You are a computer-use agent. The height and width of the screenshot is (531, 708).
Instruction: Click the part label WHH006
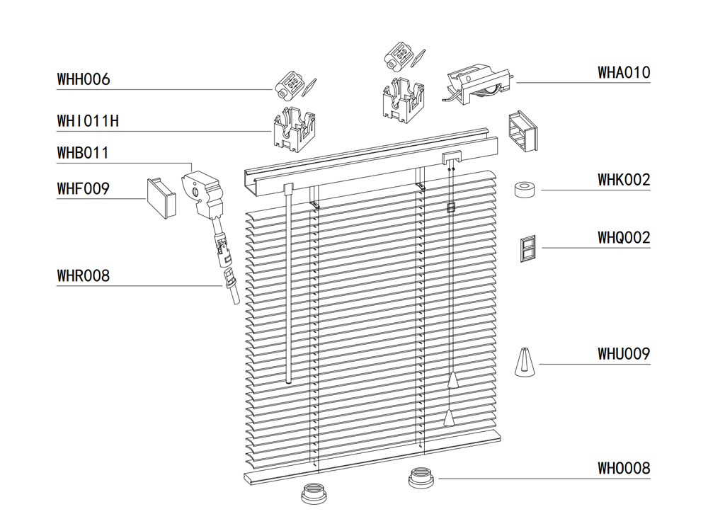pos(84,79)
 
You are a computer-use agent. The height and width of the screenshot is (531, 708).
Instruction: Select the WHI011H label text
pos(88,121)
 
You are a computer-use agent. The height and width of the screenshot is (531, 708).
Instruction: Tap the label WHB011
pos(84,152)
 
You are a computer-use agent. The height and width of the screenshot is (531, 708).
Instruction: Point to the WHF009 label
pos(84,189)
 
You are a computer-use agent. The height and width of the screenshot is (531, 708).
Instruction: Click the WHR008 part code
pos(84,275)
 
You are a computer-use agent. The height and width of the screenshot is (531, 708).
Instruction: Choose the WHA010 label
pos(623,72)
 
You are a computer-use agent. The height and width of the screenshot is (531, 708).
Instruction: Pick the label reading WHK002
pos(623,180)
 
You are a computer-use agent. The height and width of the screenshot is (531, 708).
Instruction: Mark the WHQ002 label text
pos(623,238)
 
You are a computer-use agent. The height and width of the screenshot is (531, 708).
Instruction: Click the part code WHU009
pos(623,353)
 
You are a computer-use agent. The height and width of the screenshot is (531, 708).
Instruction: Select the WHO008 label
pos(623,468)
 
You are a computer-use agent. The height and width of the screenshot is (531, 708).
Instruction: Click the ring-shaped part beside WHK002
pos(525,190)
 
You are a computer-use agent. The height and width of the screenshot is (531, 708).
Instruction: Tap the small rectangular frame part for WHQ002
pos(528,249)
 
